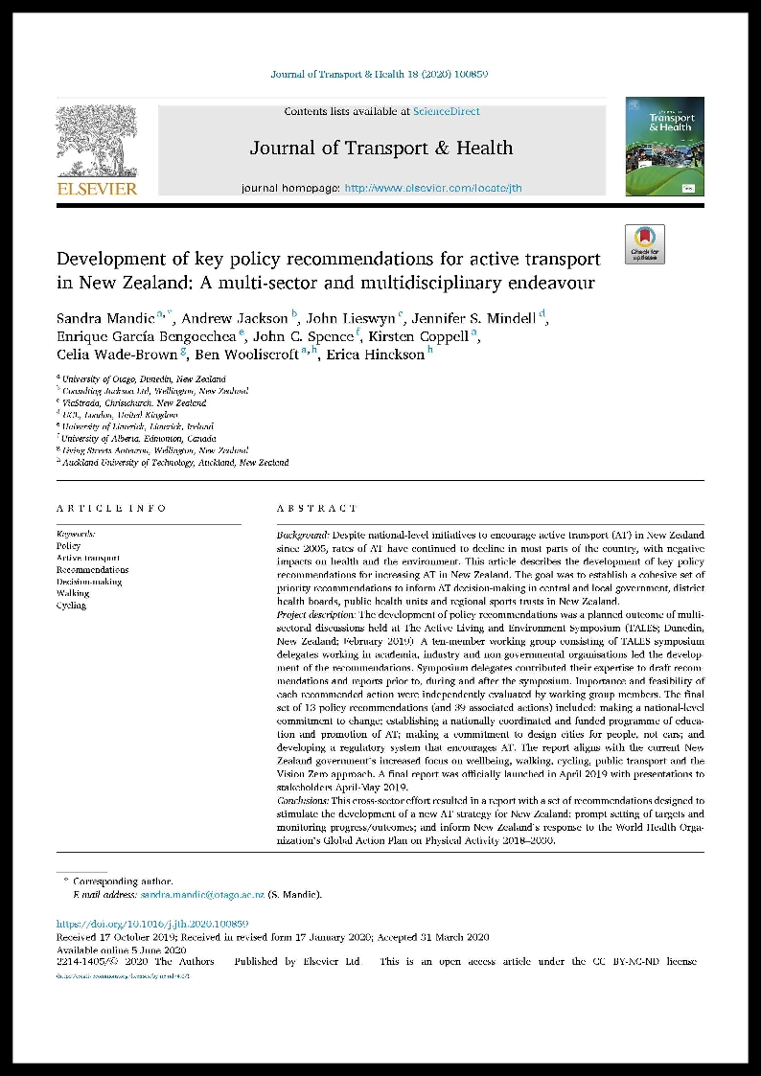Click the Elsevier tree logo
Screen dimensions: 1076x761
pos(96,139)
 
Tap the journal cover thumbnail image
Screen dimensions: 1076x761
pos(664,147)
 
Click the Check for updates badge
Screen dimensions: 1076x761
pos(644,244)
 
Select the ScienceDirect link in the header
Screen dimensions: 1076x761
pos(446,112)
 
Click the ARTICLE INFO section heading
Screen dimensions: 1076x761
pos(111,509)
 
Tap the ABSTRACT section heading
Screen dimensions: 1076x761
pos(316,509)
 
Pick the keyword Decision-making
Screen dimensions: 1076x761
pos(89,582)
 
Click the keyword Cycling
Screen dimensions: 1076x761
pos(71,606)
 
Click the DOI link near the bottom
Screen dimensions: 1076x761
pos(152,924)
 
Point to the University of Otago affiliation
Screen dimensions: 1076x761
pos(144,379)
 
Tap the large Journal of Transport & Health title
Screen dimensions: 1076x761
pos(380,149)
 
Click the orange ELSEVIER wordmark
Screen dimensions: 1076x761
pos(97,189)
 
